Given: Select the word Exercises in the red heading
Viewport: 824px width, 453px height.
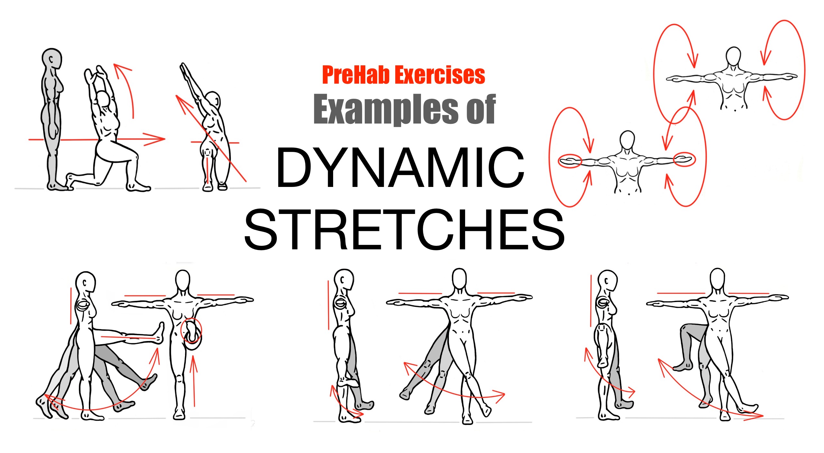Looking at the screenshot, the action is pos(440,75).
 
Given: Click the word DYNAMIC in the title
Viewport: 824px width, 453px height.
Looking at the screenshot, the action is pos(400,167).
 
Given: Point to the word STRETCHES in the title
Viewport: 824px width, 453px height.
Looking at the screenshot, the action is pos(405,229).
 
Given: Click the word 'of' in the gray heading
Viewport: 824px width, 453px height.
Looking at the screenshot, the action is pos(481,109).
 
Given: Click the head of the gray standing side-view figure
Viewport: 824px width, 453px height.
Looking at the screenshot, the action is pos(52,59).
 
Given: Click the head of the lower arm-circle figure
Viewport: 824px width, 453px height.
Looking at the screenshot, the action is pos(627,140).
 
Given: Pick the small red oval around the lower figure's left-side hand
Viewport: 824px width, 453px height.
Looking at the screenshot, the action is pos(570,161).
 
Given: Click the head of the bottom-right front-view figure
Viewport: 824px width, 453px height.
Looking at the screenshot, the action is pos(717,279).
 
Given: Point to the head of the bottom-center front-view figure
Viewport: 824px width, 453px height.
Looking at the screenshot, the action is pos(459,279).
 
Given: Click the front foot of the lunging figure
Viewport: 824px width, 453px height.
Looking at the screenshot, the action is pos(138,186).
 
